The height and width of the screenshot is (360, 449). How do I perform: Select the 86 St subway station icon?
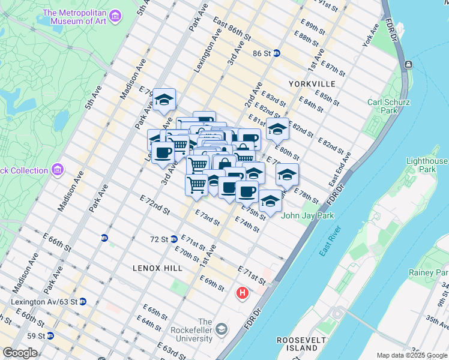[276, 53]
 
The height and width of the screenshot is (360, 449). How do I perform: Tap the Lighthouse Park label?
[427, 165]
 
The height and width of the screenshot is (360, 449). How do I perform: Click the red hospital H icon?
[243, 293]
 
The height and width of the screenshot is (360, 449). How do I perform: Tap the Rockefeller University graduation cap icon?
[221, 329]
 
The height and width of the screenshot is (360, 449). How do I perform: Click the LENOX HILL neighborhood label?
[157, 268]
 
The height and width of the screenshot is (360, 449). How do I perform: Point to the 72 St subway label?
[158, 239]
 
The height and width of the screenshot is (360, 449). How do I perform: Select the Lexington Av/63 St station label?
[41, 301]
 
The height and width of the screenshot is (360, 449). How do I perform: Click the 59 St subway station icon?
[50, 335]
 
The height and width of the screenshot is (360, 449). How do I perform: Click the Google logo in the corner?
[20, 353]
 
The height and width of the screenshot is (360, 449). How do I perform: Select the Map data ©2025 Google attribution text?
[412, 355]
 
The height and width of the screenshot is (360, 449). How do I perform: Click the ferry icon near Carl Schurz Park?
[408, 64]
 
